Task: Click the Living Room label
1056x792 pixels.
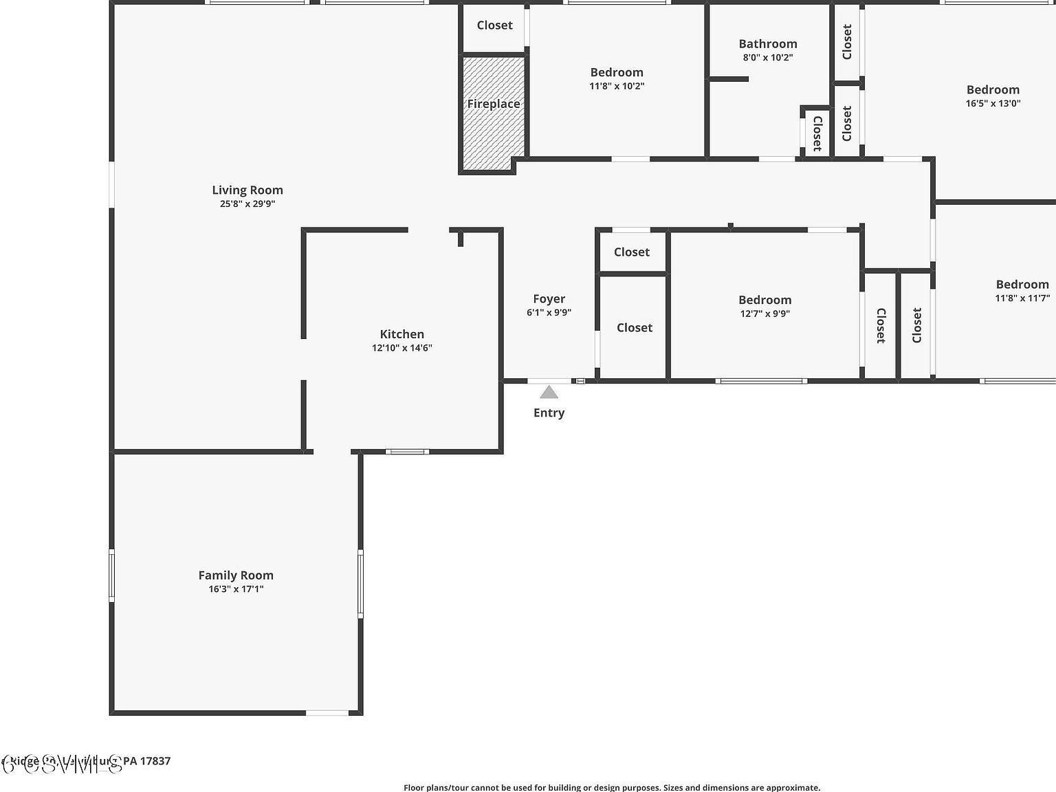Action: pos(247,190)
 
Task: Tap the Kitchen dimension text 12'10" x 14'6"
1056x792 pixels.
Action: pos(401,348)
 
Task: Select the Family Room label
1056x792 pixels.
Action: pos(236,575)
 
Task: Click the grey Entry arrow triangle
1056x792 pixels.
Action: pos(549,393)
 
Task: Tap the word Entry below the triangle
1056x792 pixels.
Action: pos(549,412)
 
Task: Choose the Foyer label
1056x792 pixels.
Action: pos(549,299)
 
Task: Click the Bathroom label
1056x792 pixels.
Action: pos(767,44)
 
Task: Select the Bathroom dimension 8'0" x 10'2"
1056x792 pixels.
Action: pos(767,58)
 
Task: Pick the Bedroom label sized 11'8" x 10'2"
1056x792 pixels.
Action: pos(617,72)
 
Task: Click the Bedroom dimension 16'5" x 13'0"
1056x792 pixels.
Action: pos(993,104)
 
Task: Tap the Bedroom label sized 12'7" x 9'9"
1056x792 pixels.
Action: pos(764,300)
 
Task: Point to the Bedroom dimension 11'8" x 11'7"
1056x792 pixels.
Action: pos(1022,298)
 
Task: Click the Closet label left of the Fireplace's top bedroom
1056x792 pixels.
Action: pos(494,25)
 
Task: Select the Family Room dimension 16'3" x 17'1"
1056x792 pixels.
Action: pos(236,589)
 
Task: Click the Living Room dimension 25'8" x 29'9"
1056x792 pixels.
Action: pos(247,204)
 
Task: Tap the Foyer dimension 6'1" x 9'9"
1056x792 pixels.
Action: pos(549,313)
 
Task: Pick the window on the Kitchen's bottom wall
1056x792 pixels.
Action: pos(407,452)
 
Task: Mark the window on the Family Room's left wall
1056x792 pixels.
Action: pos(112,576)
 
